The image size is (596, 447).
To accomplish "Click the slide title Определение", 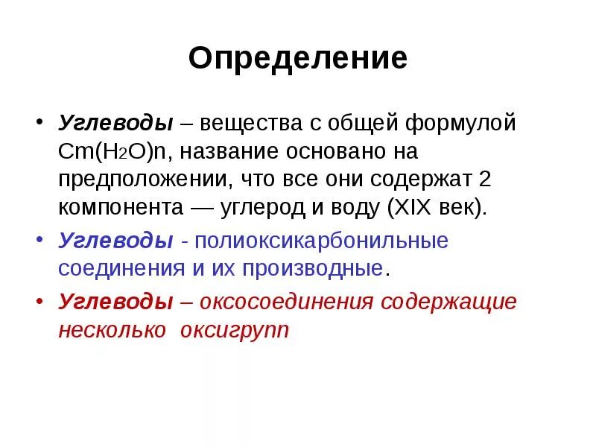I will [297, 58].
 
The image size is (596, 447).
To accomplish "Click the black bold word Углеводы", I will [116, 121].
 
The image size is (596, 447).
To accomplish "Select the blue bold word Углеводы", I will [116, 240].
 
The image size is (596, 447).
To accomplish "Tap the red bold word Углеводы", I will [116, 302].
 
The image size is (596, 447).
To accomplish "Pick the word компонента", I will [120, 208].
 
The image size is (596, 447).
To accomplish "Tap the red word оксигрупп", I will [233, 330].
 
